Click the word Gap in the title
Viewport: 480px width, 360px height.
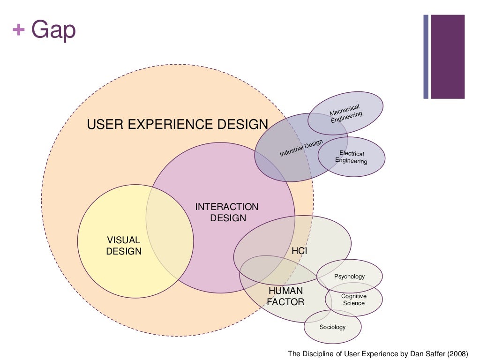coord(53,30)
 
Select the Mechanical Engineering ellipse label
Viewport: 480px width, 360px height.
coord(345,114)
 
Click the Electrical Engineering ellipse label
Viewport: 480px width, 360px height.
coord(352,157)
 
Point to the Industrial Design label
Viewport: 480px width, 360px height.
coord(301,149)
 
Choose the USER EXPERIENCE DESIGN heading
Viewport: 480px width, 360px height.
coord(178,124)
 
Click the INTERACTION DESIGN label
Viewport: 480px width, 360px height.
coord(227,212)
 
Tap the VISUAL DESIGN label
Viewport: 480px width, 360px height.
coord(124,246)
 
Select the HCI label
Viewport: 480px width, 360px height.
coord(299,251)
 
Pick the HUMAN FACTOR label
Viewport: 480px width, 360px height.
coord(285,296)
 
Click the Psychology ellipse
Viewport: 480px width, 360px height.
coord(349,277)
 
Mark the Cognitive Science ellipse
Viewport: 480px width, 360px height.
coord(354,300)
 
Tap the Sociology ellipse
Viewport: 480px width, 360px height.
coord(332,327)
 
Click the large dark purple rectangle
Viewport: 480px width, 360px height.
coord(448,57)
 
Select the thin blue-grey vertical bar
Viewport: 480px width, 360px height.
coord(426,57)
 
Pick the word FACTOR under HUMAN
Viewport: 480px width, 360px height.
coord(285,302)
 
